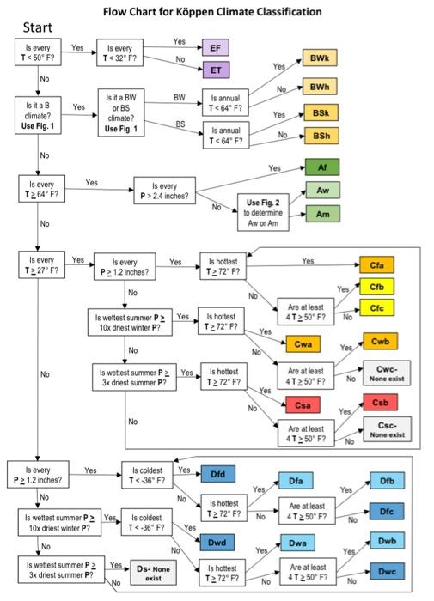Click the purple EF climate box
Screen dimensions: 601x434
[x=215, y=48]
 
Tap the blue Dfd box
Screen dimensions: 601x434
[x=218, y=472]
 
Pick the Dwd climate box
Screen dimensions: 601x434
[x=218, y=542]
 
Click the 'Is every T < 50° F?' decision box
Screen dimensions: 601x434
[x=37, y=52]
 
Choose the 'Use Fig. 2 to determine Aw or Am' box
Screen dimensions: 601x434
[x=261, y=214]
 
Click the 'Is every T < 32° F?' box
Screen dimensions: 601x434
[x=123, y=52]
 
